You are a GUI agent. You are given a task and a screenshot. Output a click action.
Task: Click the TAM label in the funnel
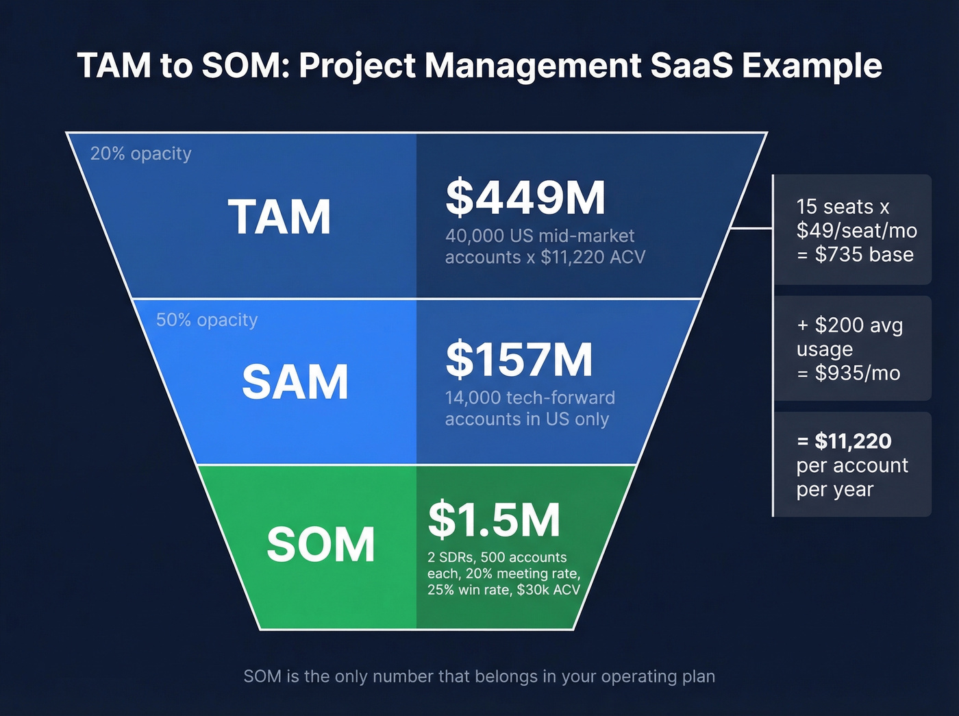pyautogui.click(x=279, y=217)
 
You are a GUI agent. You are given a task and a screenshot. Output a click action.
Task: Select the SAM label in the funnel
pyautogui.click(x=295, y=382)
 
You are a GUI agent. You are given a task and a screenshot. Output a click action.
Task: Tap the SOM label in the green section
pyautogui.click(x=321, y=545)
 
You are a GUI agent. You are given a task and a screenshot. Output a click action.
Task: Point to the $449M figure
pyautogui.click(x=525, y=197)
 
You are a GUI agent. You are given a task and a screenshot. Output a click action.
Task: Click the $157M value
pyautogui.click(x=519, y=360)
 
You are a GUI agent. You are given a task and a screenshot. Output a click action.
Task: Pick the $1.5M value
pyautogui.click(x=494, y=519)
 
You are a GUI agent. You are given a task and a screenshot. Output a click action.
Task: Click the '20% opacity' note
pyautogui.click(x=140, y=153)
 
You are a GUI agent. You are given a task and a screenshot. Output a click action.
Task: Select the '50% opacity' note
pyautogui.click(x=207, y=320)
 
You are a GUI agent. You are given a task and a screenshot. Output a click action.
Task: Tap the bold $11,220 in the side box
pyautogui.click(x=853, y=441)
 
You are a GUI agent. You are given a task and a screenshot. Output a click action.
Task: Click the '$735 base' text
pyautogui.click(x=864, y=255)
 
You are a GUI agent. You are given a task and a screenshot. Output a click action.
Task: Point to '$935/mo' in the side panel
pyautogui.click(x=857, y=373)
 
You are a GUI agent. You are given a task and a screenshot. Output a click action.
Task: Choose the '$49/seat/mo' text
pyautogui.click(x=856, y=231)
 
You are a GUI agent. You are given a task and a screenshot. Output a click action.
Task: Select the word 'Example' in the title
pyautogui.click(x=812, y=66)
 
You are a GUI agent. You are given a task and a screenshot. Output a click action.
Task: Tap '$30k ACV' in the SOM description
pyautogui.click(x=548, y=590)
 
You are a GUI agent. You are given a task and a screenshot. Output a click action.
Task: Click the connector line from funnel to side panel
pyautogui.click(x=751, y=228)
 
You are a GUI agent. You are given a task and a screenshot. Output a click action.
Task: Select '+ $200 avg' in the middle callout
pyautogui.click(x=849, y=325)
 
